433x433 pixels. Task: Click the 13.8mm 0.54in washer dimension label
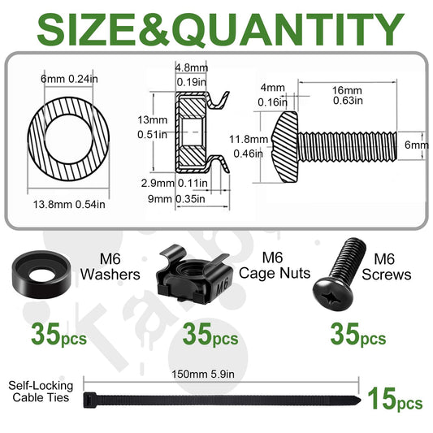pyautogui.click(x=69, y=205)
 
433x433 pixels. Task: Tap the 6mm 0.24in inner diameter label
pyautogui.click(x=69, y=79)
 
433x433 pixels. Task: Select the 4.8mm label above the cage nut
pyautogui.click(x=192, y=67)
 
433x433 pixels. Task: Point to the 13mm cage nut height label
pyautogui.click(x=153, y=120)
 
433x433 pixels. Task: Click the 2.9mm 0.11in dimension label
pyautogui.click(x=174, y=183)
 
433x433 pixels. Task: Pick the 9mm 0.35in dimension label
pyautogui.click(x=176, y=199)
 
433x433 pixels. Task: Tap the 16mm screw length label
pyautogui.click(x=347, y=90)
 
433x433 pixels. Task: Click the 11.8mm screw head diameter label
pyautogui.click(x=249, y=140)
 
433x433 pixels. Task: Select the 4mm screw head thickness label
pyautogui.click(x=273, y=88)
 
